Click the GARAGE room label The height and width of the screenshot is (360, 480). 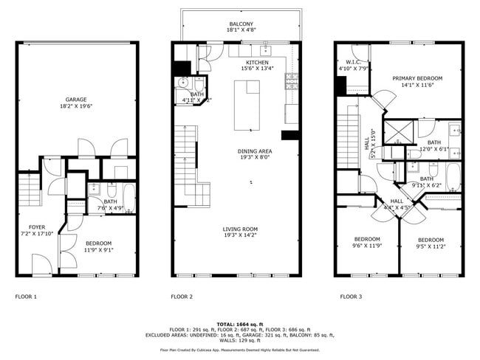click(x=75, y=100)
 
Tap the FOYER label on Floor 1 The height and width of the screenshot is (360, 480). click(x=37, y=226)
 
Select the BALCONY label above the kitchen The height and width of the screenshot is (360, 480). click(x=240, y=24)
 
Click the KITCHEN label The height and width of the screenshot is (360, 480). click(x=257, y=63)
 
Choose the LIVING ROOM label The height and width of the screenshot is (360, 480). click(x=240, y=229)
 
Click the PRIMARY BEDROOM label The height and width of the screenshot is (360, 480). click(x=417, y=78)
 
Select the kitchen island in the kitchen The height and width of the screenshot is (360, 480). click(x=248, y=103)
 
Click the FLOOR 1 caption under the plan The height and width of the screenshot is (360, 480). click(x=26, y=297)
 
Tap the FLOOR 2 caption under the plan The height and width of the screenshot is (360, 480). click(x=182, y=297)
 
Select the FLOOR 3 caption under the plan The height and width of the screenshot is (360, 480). click(x=351, y=297)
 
